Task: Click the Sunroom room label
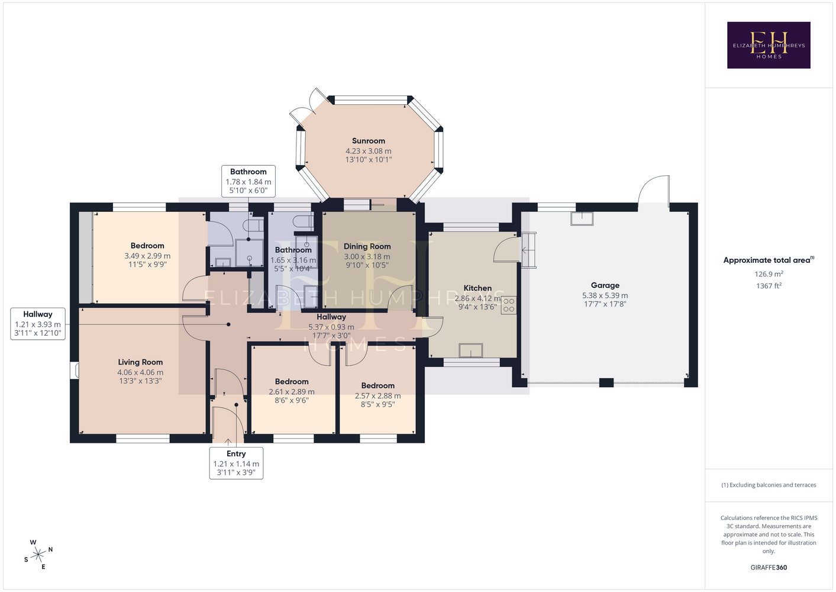369,141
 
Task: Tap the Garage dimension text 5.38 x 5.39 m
605,295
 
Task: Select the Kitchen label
477,288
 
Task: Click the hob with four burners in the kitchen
509,305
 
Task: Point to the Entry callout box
236,463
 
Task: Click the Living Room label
140,362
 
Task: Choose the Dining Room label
367,246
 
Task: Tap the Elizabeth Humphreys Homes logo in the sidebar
769,45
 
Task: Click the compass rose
38,554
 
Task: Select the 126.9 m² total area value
769,274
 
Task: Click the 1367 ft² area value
769,286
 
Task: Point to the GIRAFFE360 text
769,567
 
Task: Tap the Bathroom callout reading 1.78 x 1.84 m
248,181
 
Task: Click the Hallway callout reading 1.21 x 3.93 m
38,324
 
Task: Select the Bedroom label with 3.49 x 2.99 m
147,246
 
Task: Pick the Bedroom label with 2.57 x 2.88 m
377,385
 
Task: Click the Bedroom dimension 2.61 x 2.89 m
292,392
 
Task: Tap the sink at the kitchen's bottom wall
470,350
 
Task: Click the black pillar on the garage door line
606,382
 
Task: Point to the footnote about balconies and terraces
769,485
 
